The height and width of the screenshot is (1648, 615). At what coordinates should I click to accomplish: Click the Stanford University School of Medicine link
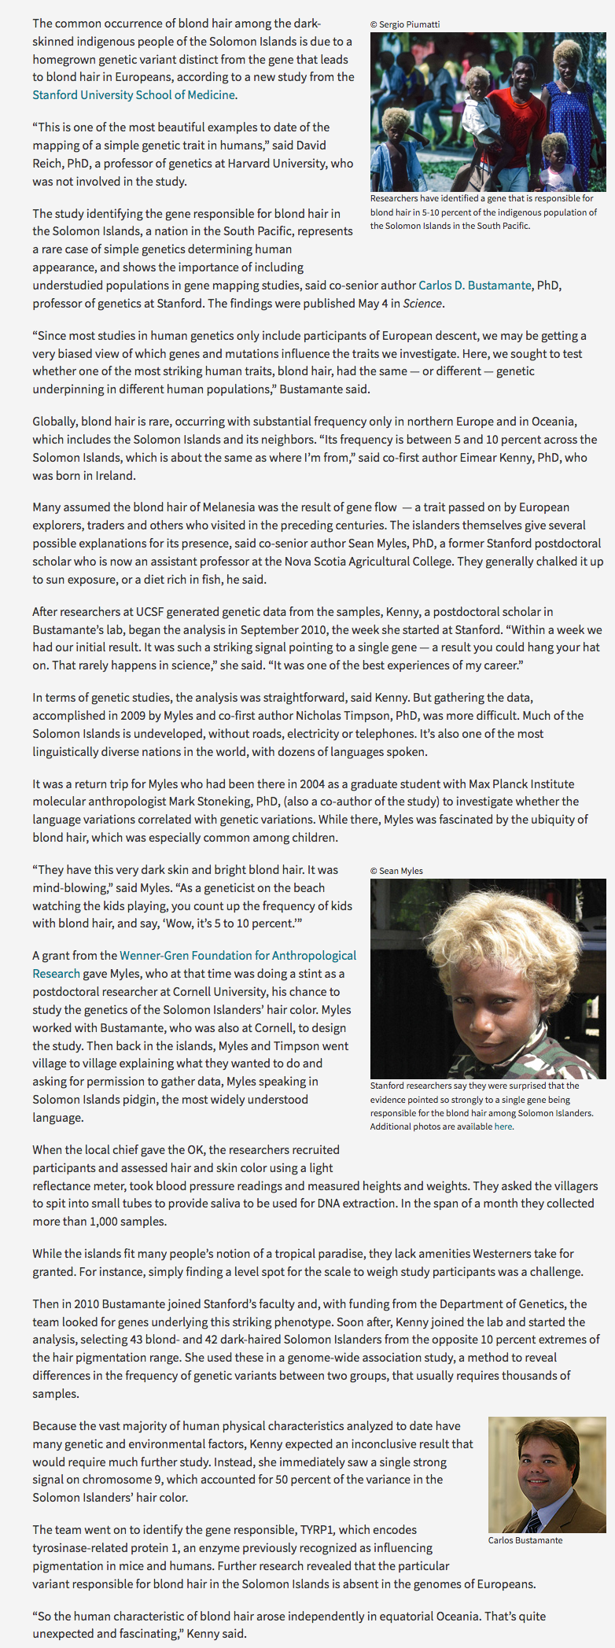point(134,95)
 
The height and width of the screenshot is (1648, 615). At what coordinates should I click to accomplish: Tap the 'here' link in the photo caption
point(503,1126)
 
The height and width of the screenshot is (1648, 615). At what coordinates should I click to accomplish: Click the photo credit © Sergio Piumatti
point(405,24)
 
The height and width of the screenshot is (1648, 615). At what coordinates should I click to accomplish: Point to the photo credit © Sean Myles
point(396,871)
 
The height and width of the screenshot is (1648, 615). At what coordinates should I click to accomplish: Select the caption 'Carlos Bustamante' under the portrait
point(525,1540)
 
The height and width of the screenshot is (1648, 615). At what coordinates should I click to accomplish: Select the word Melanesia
point(197,507)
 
